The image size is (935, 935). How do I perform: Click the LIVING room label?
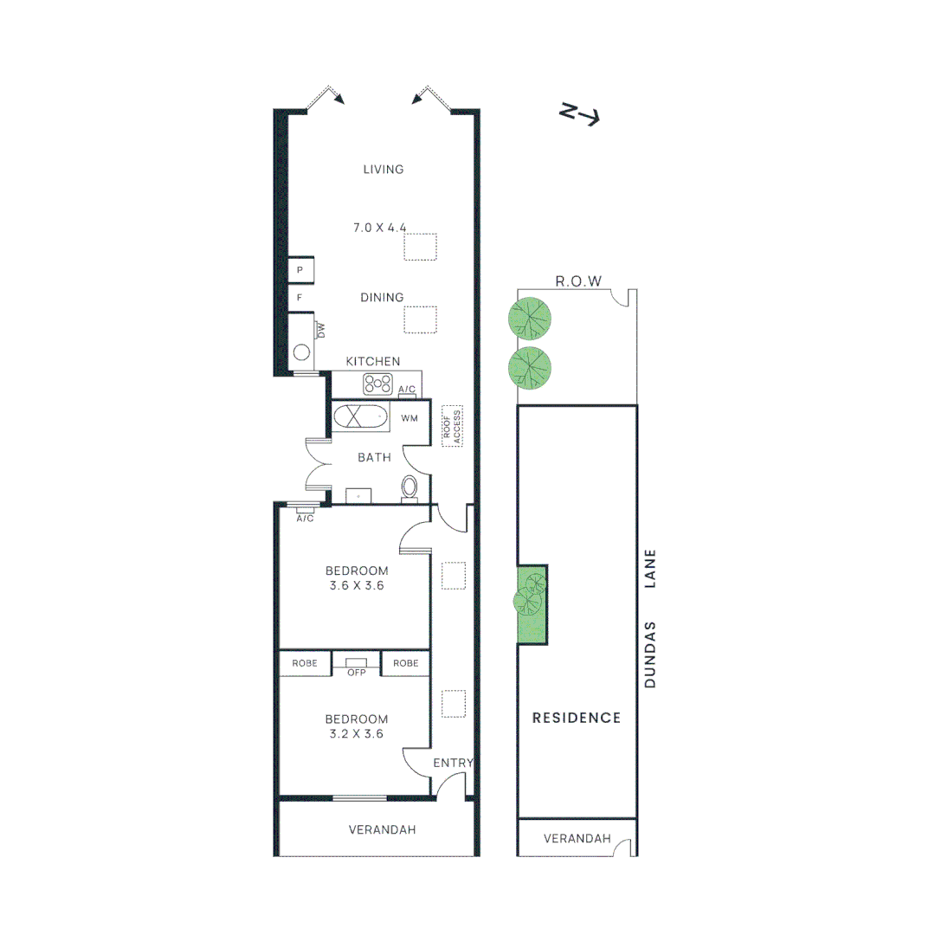(384, 170)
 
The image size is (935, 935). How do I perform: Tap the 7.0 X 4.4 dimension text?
(379, 228)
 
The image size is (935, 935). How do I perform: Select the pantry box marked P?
(300, 270)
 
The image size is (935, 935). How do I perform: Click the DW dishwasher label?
(320, 330)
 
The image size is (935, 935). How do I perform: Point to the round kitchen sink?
(301, 352)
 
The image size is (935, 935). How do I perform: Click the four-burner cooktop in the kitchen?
(378, 384)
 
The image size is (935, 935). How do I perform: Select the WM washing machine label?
(409, 418)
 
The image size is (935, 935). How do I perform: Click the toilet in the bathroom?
(409, 488)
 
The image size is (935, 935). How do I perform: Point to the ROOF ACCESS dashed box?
(452, 425)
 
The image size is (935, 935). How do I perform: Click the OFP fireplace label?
(356, 672)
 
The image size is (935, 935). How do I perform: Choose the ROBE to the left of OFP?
(305, 663)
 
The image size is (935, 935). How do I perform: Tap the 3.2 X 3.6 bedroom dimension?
(356, 733)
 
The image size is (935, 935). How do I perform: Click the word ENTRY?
(453, 763)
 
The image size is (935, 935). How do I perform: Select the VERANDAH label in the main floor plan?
(382, 829)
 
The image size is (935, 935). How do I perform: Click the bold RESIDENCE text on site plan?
(577, 718)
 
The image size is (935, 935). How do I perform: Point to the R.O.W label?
(578, 281)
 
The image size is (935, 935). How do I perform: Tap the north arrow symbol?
(579, 114)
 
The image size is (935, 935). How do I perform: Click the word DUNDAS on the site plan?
(651, 654)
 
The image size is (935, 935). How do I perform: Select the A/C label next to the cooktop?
(407, 389)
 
